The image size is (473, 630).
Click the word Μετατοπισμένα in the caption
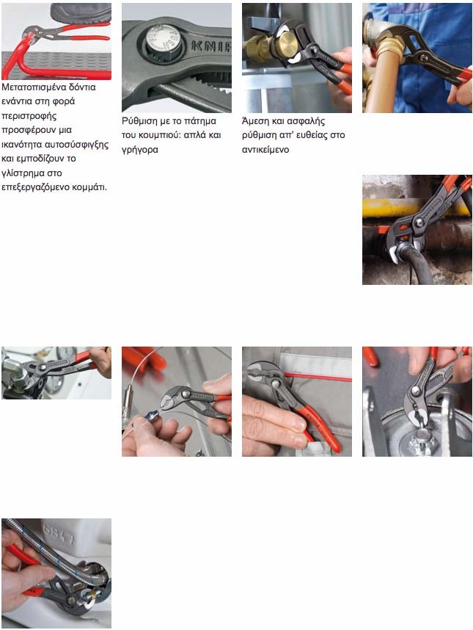pos(32,87)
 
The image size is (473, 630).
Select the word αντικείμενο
pos(265,150)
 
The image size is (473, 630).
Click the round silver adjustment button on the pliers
pos(161,40)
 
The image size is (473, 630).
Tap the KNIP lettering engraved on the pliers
pos(211,46)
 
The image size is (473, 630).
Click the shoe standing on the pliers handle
pos(82,13)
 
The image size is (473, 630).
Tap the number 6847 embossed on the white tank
pos(59,534)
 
